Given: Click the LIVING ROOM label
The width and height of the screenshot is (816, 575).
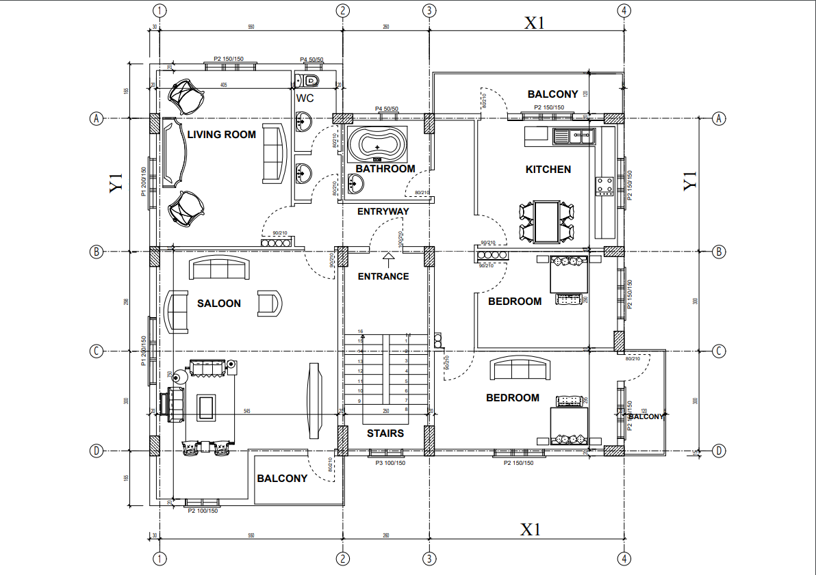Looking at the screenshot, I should tap(221, 135).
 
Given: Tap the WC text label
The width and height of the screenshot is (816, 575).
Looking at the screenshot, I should tap(305, 98).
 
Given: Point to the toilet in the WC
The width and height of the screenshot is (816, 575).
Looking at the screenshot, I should tap(310, 81).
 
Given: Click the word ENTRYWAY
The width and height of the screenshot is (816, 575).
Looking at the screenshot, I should tap(383, 212).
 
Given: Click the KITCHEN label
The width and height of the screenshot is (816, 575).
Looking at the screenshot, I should tap(548, 170).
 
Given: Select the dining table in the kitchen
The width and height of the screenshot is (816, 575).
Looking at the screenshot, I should tap(547, 222).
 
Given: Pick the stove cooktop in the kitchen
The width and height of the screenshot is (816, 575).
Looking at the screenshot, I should tap(604, 185).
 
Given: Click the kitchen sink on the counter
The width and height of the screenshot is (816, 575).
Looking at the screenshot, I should tap(574, 137).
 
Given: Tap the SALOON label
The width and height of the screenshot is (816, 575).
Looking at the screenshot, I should tap(219, 304).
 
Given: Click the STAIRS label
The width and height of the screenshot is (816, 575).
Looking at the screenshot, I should tap(385, 433).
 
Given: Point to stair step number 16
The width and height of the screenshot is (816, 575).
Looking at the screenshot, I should tap(360, 332).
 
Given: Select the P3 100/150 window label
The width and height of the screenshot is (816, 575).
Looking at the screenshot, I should tap(390, 464).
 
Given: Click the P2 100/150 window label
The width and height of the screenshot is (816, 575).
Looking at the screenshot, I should tap(203, 511).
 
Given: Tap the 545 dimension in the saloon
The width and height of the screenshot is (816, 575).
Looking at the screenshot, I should tap(248, 412).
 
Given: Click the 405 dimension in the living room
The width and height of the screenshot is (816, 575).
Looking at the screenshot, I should tap(223, 85).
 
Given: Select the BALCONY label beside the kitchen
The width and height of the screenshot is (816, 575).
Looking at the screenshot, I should tap(552, 94).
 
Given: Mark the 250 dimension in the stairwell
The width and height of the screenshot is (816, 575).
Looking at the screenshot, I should tap(385, 412).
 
